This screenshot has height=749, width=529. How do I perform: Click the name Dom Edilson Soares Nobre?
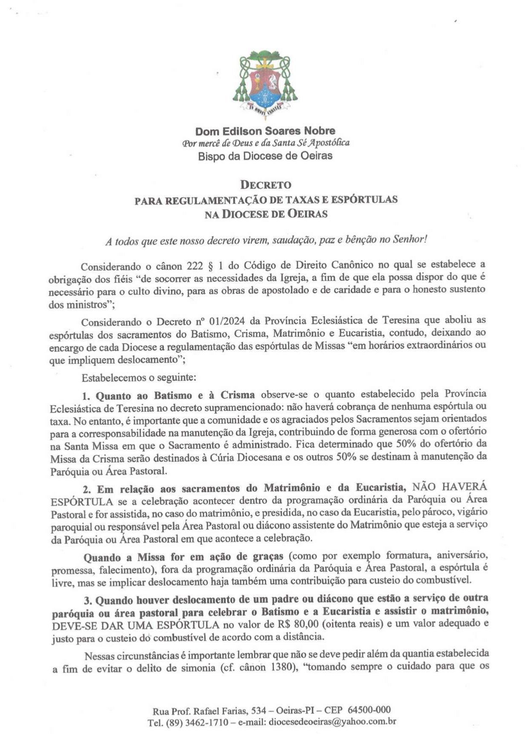(x=265, y=131)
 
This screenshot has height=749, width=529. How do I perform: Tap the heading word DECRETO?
(x=265, y=185)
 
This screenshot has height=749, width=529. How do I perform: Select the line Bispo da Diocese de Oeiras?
(x=265, y=156)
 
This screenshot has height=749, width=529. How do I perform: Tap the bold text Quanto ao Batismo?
(x=145, y=396)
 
